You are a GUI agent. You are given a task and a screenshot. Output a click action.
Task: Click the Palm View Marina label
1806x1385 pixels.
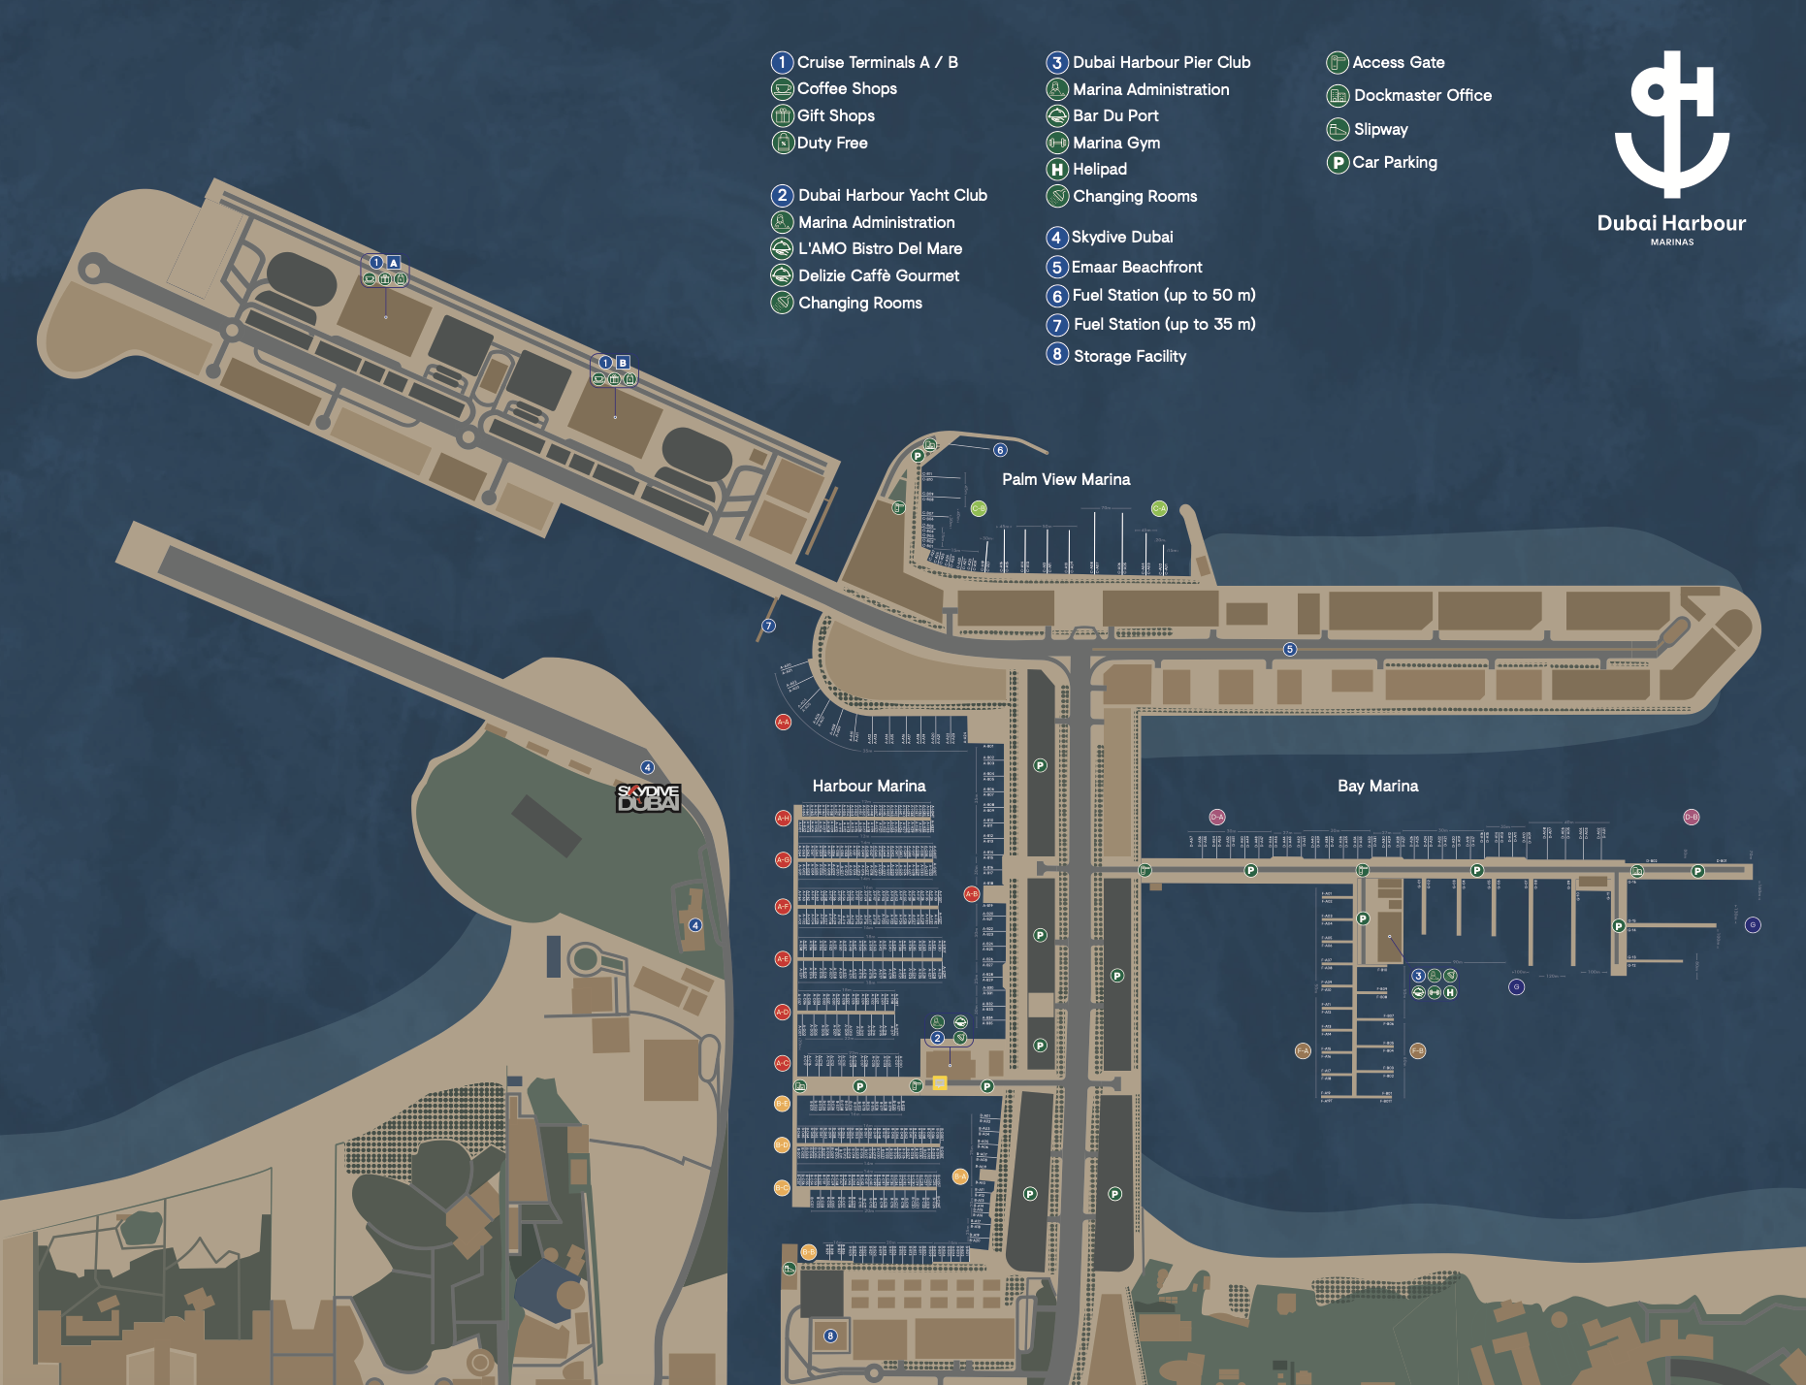tap(1066, 479)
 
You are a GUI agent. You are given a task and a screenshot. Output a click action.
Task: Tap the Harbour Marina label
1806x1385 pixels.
tap(868, 786)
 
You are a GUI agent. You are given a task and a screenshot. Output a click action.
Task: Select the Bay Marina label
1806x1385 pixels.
tap(1377, 786)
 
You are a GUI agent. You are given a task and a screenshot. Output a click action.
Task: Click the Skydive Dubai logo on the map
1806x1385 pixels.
tap(648, 798)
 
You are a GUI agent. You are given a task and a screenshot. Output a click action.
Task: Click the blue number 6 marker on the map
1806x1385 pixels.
tap(1000, 450)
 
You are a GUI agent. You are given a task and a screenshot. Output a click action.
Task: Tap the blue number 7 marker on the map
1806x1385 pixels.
tap(768, 626)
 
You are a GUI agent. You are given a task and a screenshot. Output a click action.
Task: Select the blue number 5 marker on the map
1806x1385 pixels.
tap(1290, 649)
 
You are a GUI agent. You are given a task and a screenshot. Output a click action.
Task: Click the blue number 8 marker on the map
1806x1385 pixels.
tap(830, 1336)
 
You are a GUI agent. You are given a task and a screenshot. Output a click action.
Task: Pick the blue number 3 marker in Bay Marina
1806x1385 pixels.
tap(1418, 976)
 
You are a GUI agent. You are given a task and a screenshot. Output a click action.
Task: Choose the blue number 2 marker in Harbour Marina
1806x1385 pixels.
tap(937, 1038)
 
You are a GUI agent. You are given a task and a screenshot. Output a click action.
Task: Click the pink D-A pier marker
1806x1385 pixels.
tap(1217, 817)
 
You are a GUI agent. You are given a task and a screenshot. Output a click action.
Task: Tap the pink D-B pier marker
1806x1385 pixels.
tap(1692, 817)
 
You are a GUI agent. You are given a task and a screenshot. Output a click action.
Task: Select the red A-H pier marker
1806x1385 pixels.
tap(783, 818)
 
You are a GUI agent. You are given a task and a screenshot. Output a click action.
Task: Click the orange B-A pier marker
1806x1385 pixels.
tap(959, 1176)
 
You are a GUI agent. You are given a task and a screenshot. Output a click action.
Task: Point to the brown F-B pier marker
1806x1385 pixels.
tap(1418, 1050)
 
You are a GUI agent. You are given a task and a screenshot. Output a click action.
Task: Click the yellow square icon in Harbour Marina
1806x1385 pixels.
tap(940, 1082)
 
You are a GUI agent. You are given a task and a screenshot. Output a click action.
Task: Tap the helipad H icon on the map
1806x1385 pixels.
tap(1450, 992)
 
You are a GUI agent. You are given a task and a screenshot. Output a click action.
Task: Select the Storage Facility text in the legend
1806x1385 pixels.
tap(1129, 356)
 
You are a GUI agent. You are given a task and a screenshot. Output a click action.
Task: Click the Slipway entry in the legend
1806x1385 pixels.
tap(1380, 129)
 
